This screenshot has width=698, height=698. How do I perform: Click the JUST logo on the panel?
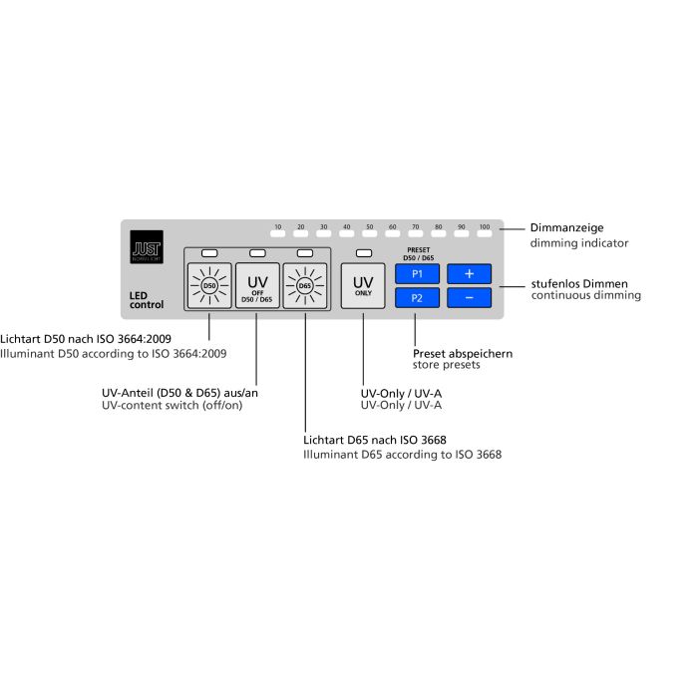147,247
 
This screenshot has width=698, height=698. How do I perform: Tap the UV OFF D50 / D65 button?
257,285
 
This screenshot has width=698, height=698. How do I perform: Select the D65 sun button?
305,285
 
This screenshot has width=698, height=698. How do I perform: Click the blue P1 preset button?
417,274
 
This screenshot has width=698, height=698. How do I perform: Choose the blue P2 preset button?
417,298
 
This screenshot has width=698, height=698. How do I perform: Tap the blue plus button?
470,274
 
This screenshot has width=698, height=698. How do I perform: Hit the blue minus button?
470,298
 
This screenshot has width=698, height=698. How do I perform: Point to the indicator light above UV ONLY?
364,253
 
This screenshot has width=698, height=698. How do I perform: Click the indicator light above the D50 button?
209,253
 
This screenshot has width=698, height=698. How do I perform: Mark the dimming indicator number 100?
485,226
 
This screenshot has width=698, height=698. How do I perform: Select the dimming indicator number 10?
278,226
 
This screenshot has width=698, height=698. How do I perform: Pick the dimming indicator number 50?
370,226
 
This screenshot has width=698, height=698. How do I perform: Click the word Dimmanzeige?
566,228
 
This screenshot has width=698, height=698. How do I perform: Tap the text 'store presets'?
446,365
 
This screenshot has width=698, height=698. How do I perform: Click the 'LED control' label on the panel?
147,300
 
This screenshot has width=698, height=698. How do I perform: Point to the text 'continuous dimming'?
586,295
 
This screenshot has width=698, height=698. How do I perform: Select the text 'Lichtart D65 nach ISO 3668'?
375,440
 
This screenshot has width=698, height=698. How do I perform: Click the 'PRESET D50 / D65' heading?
419,253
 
